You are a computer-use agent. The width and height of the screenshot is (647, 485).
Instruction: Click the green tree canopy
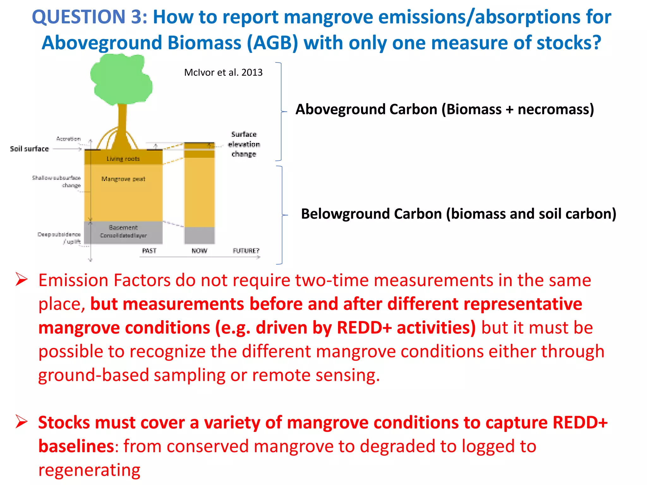tap(121, 81)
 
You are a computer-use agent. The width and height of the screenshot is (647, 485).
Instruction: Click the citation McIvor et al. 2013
tap(223, 73)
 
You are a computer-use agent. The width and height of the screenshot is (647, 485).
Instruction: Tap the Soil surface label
tap(29, 149)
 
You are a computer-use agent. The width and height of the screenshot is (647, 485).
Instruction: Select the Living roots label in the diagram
tap(123, 159)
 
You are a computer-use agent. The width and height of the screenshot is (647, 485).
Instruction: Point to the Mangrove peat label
tap(123, 179)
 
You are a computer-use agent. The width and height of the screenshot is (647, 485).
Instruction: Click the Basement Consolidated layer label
tap(123, 231)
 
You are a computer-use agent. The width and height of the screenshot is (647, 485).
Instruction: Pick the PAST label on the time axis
tap(149, 251)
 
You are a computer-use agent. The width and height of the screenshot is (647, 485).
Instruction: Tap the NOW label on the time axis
tap(199, 251)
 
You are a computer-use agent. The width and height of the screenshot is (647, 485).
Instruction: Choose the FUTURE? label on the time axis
tap(246, 251)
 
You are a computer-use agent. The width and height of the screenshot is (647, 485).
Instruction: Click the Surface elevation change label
tap(244, 144)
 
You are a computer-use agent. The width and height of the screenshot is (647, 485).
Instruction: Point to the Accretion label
tap(69, 139)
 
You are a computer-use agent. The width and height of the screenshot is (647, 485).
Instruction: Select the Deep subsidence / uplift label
tap(59, 238)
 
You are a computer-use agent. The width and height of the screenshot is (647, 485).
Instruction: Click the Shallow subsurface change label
tap(57, 182)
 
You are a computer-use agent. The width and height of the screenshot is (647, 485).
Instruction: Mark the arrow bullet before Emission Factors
tap(21, 280)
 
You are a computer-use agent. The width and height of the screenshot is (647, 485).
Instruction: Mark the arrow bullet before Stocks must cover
tap(21, 422)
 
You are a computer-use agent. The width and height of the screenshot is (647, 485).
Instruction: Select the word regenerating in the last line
tap(89, 470)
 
